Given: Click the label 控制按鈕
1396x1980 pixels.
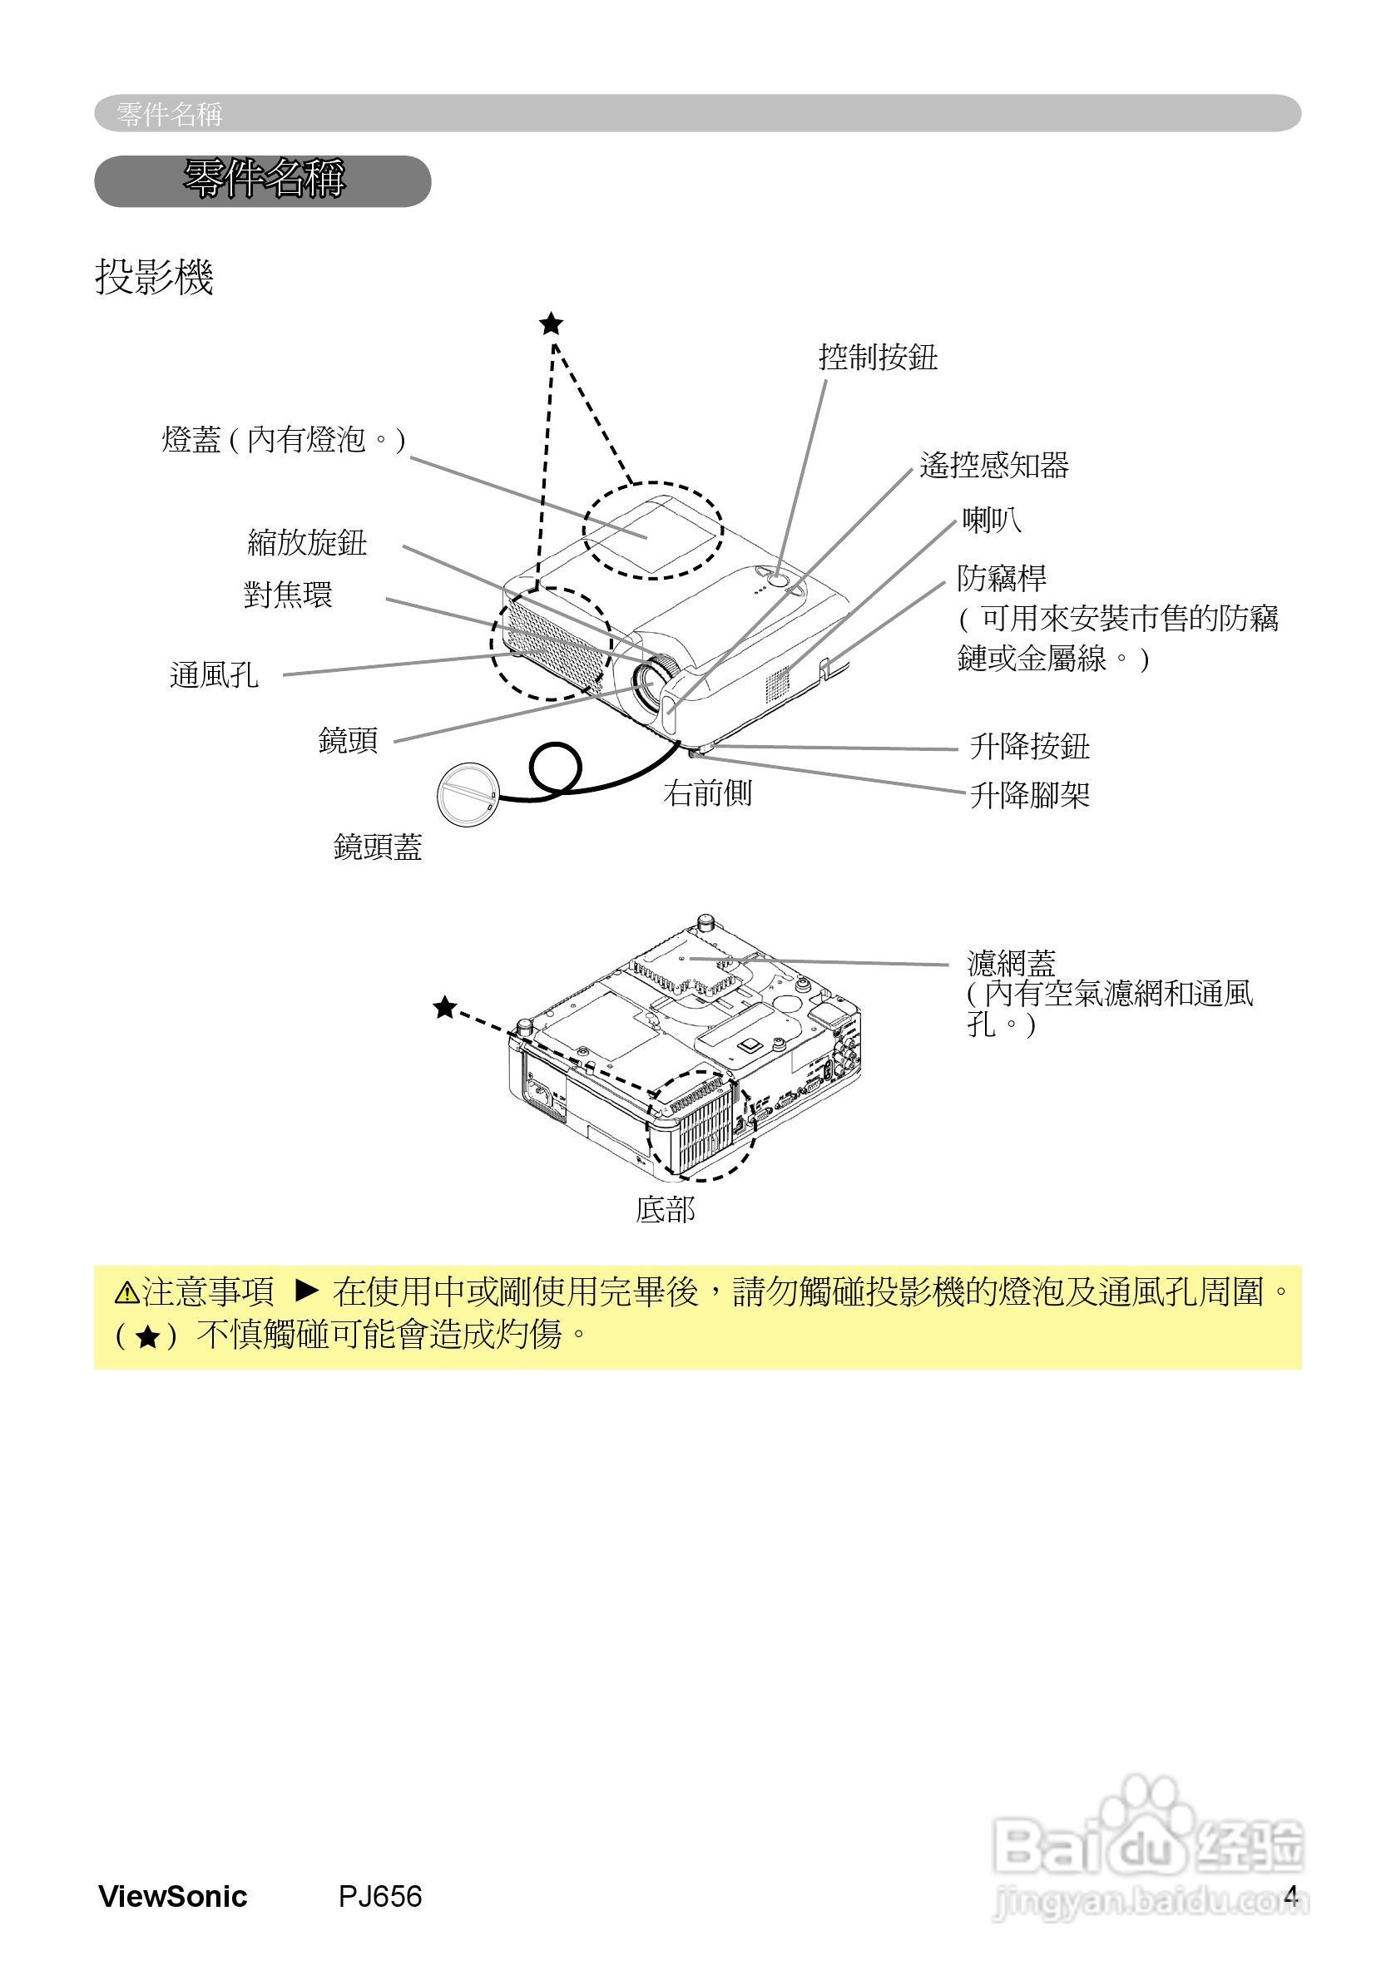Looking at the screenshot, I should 878,357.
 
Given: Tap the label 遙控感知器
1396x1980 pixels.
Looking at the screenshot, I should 994,466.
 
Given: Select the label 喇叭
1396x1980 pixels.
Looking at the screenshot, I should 992,521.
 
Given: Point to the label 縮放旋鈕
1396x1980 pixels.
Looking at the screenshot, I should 307,543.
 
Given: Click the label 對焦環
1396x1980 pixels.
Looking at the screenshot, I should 287,595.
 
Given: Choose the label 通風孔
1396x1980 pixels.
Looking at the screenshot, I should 214,675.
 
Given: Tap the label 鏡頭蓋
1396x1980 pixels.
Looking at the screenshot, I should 378,847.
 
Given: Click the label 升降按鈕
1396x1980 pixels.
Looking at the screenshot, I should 1029,747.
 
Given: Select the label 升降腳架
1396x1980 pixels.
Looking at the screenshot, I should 1029,795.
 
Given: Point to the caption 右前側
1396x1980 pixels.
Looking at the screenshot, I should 707,793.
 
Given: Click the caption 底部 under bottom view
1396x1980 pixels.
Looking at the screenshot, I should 666,1210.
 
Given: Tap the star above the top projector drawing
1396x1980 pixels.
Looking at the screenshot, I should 551,324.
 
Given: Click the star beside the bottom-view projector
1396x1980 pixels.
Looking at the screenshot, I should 444,1007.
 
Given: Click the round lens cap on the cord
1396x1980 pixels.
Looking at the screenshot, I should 467,794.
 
